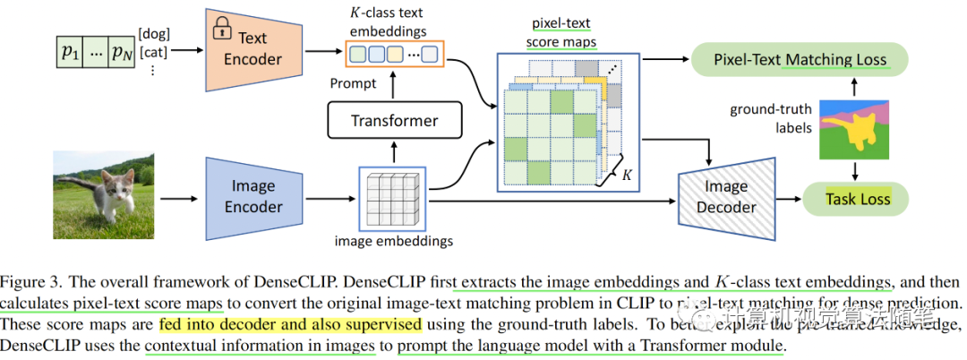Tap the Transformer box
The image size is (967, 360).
coord(394,120)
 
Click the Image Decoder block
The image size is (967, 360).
coord(723,197)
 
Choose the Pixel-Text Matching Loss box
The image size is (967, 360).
coord(800,60)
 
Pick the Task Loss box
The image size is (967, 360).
coord(857,199)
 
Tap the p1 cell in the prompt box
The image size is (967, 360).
coord(69,51)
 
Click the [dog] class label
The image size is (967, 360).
coord(155,34)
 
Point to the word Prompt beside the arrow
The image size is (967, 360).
coord(354,84)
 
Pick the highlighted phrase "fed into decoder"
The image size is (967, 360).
coord(215,323)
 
